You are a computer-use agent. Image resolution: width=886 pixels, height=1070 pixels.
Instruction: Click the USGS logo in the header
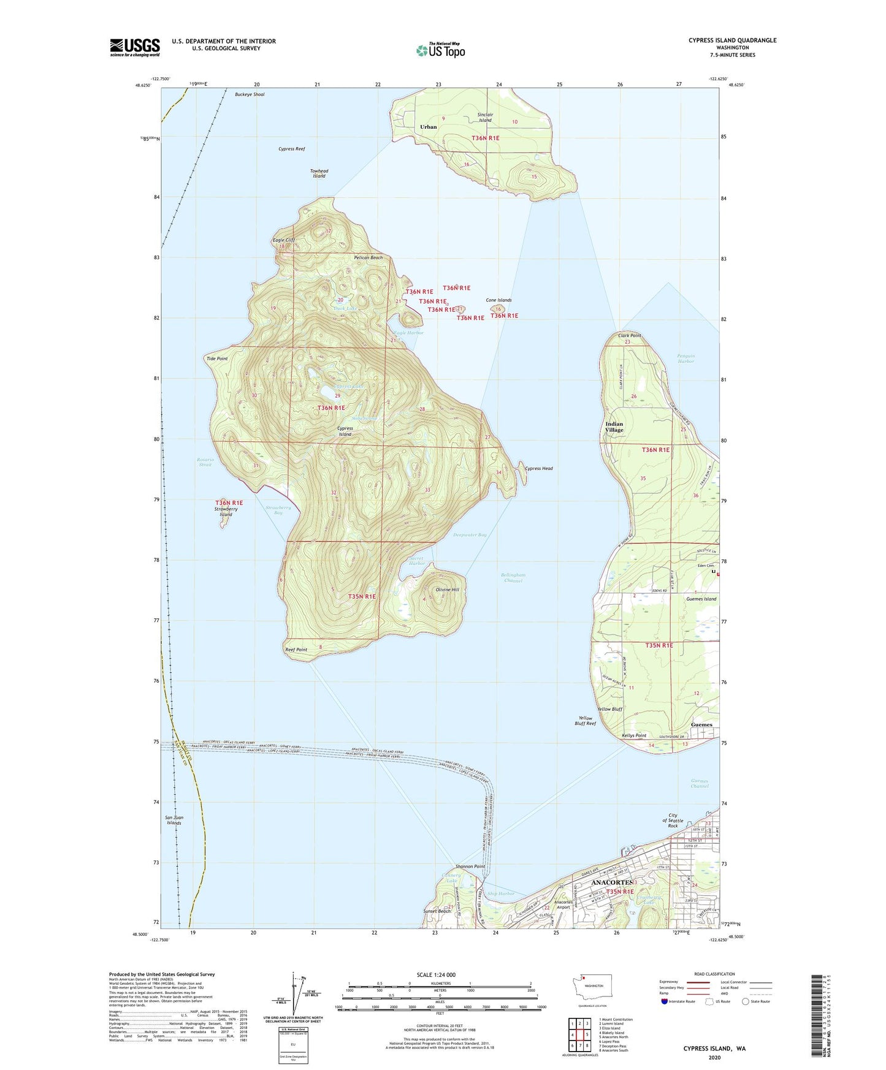pyautogui.click(x=135, y=47)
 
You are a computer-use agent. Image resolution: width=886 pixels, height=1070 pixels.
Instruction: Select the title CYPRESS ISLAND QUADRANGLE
pyautogui.click(x=732, y=40)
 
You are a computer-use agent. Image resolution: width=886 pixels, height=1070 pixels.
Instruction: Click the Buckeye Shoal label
pyautogui.click(x=250, y=94)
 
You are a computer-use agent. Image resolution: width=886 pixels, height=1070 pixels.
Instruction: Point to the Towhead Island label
pyautogui.click(x=319, y=173)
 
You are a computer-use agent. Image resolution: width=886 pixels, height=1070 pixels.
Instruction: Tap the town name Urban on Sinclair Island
pyautogui.click(x=428, y=127)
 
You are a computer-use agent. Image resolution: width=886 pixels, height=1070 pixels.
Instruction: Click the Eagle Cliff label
pyautogui.click(x=284, y=240)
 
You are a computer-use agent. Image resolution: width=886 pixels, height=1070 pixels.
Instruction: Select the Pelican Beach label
pyautogui.click(x=368, y=257)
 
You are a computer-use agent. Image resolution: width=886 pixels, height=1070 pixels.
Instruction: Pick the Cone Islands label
pyautogui.click(x=498, y=300)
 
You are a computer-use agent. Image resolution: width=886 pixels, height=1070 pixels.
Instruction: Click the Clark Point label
pyautogui.click(x=630, y=335)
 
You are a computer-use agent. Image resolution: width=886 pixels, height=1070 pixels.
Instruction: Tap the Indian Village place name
pyautogui.click(x=614, y=427)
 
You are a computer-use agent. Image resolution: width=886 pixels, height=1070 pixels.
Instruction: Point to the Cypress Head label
pyautogui.click(x=539, y=469)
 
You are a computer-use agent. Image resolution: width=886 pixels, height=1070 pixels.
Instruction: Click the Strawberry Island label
pyautogui.click(x=226, y=512)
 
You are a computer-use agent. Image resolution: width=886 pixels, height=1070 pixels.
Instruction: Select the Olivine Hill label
pyautogui.click(x=447, y=590)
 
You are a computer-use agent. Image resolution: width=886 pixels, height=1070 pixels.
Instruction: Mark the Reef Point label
pyautogui.click(x=296, y=650)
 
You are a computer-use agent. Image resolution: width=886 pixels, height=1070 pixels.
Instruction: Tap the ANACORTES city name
pyautogui.click(x=612, y=882)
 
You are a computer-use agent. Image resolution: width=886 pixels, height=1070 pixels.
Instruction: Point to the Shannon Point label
pyautogui.click(x=470, y=867)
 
